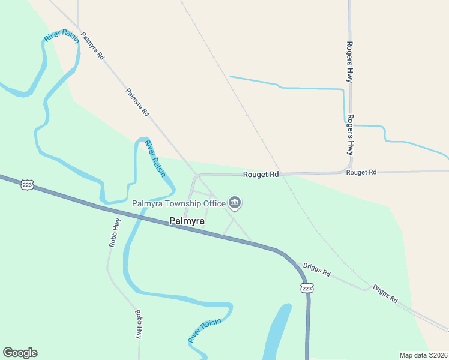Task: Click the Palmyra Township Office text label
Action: click(x=178, y=204)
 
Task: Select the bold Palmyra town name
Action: click(x=187, y=221)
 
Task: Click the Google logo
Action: click(x=20, y=353)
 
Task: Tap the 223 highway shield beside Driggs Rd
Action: click(x=307, y=289)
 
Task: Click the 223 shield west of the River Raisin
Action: click(x=27, y=185)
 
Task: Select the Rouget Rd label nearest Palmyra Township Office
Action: click(x=261, y=175)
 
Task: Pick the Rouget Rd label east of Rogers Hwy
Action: click(x=361, y=172)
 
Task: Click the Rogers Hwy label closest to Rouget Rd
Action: click(x=351, y=135)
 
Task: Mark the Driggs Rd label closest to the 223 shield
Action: click(x=316, y=268)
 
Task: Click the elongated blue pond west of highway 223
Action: click(x=276, y=333)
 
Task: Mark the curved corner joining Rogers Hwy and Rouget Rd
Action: click(x=349, y=168)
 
